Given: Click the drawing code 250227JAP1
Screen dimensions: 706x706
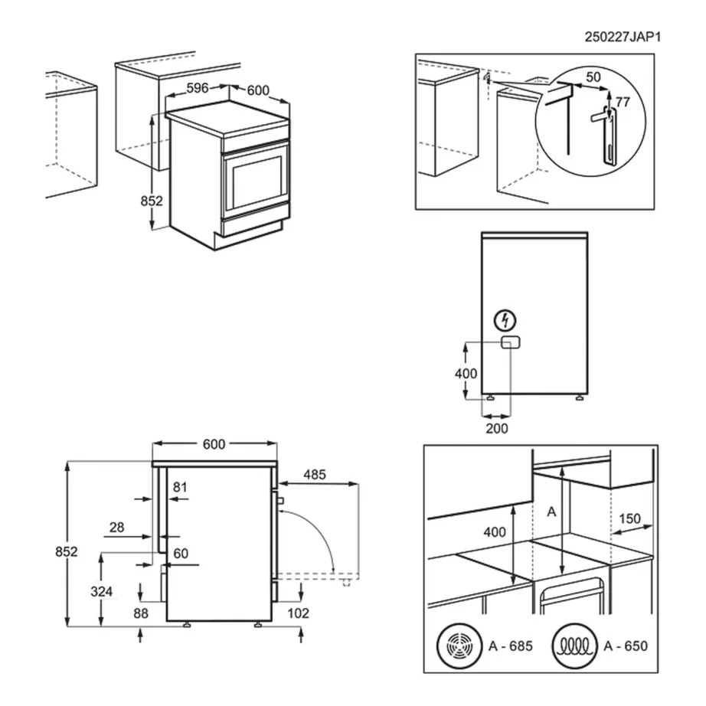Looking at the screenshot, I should tap(621, 36).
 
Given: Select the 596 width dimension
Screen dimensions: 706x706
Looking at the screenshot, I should tap(198, 88).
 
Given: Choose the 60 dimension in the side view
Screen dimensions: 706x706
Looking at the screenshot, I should tap(180, 554).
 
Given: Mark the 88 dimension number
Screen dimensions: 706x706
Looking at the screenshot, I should tap(140, 613).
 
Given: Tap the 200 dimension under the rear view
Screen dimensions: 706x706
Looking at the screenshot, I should tap(496, 428).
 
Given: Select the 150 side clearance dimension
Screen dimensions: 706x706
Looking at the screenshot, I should tap(629, 518).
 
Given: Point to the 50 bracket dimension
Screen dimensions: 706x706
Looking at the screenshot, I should tap(593, 77).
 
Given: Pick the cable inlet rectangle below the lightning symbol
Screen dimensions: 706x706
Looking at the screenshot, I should tap(509, 342).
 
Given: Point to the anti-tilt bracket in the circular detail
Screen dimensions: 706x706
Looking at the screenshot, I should tap(607, 134).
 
